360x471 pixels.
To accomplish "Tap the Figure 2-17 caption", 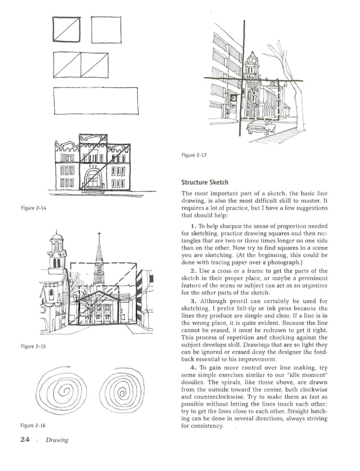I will (x=193, y=155).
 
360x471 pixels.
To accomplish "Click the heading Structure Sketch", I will (x=204, y=182).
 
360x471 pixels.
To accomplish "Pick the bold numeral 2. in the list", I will (x=193, y=271).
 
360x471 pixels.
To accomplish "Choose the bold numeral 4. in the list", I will (x=193, y=370).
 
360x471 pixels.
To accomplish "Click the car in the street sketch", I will (x=261, y=127).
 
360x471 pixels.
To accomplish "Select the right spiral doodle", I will (x=119, y=392).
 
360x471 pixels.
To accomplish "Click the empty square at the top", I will (x=106, y=29).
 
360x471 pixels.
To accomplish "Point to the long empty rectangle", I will (x=95, y=102).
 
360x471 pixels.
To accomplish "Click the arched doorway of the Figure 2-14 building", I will (x=92, y=181).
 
